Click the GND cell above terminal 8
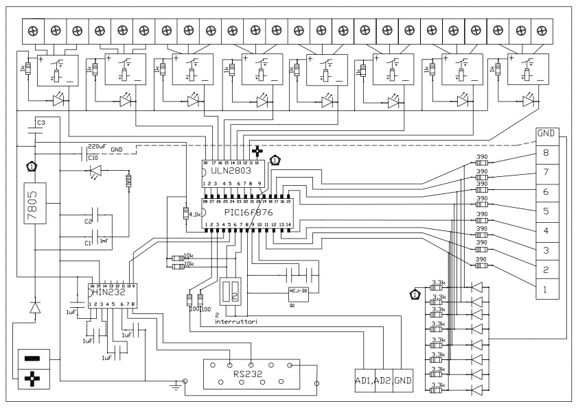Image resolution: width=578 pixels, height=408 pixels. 546,134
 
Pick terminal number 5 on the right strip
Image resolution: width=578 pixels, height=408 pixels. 546,211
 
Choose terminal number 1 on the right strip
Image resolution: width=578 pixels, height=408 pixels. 546,289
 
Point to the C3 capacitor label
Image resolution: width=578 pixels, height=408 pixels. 41,122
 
